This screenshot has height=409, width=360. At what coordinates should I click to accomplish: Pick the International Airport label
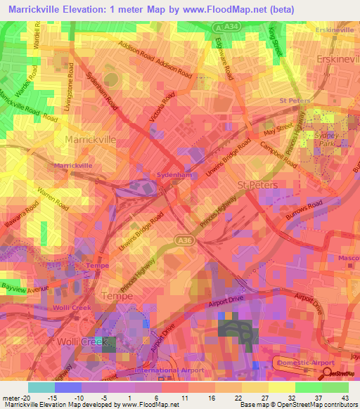pyautogui.click(x=157, y=370)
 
